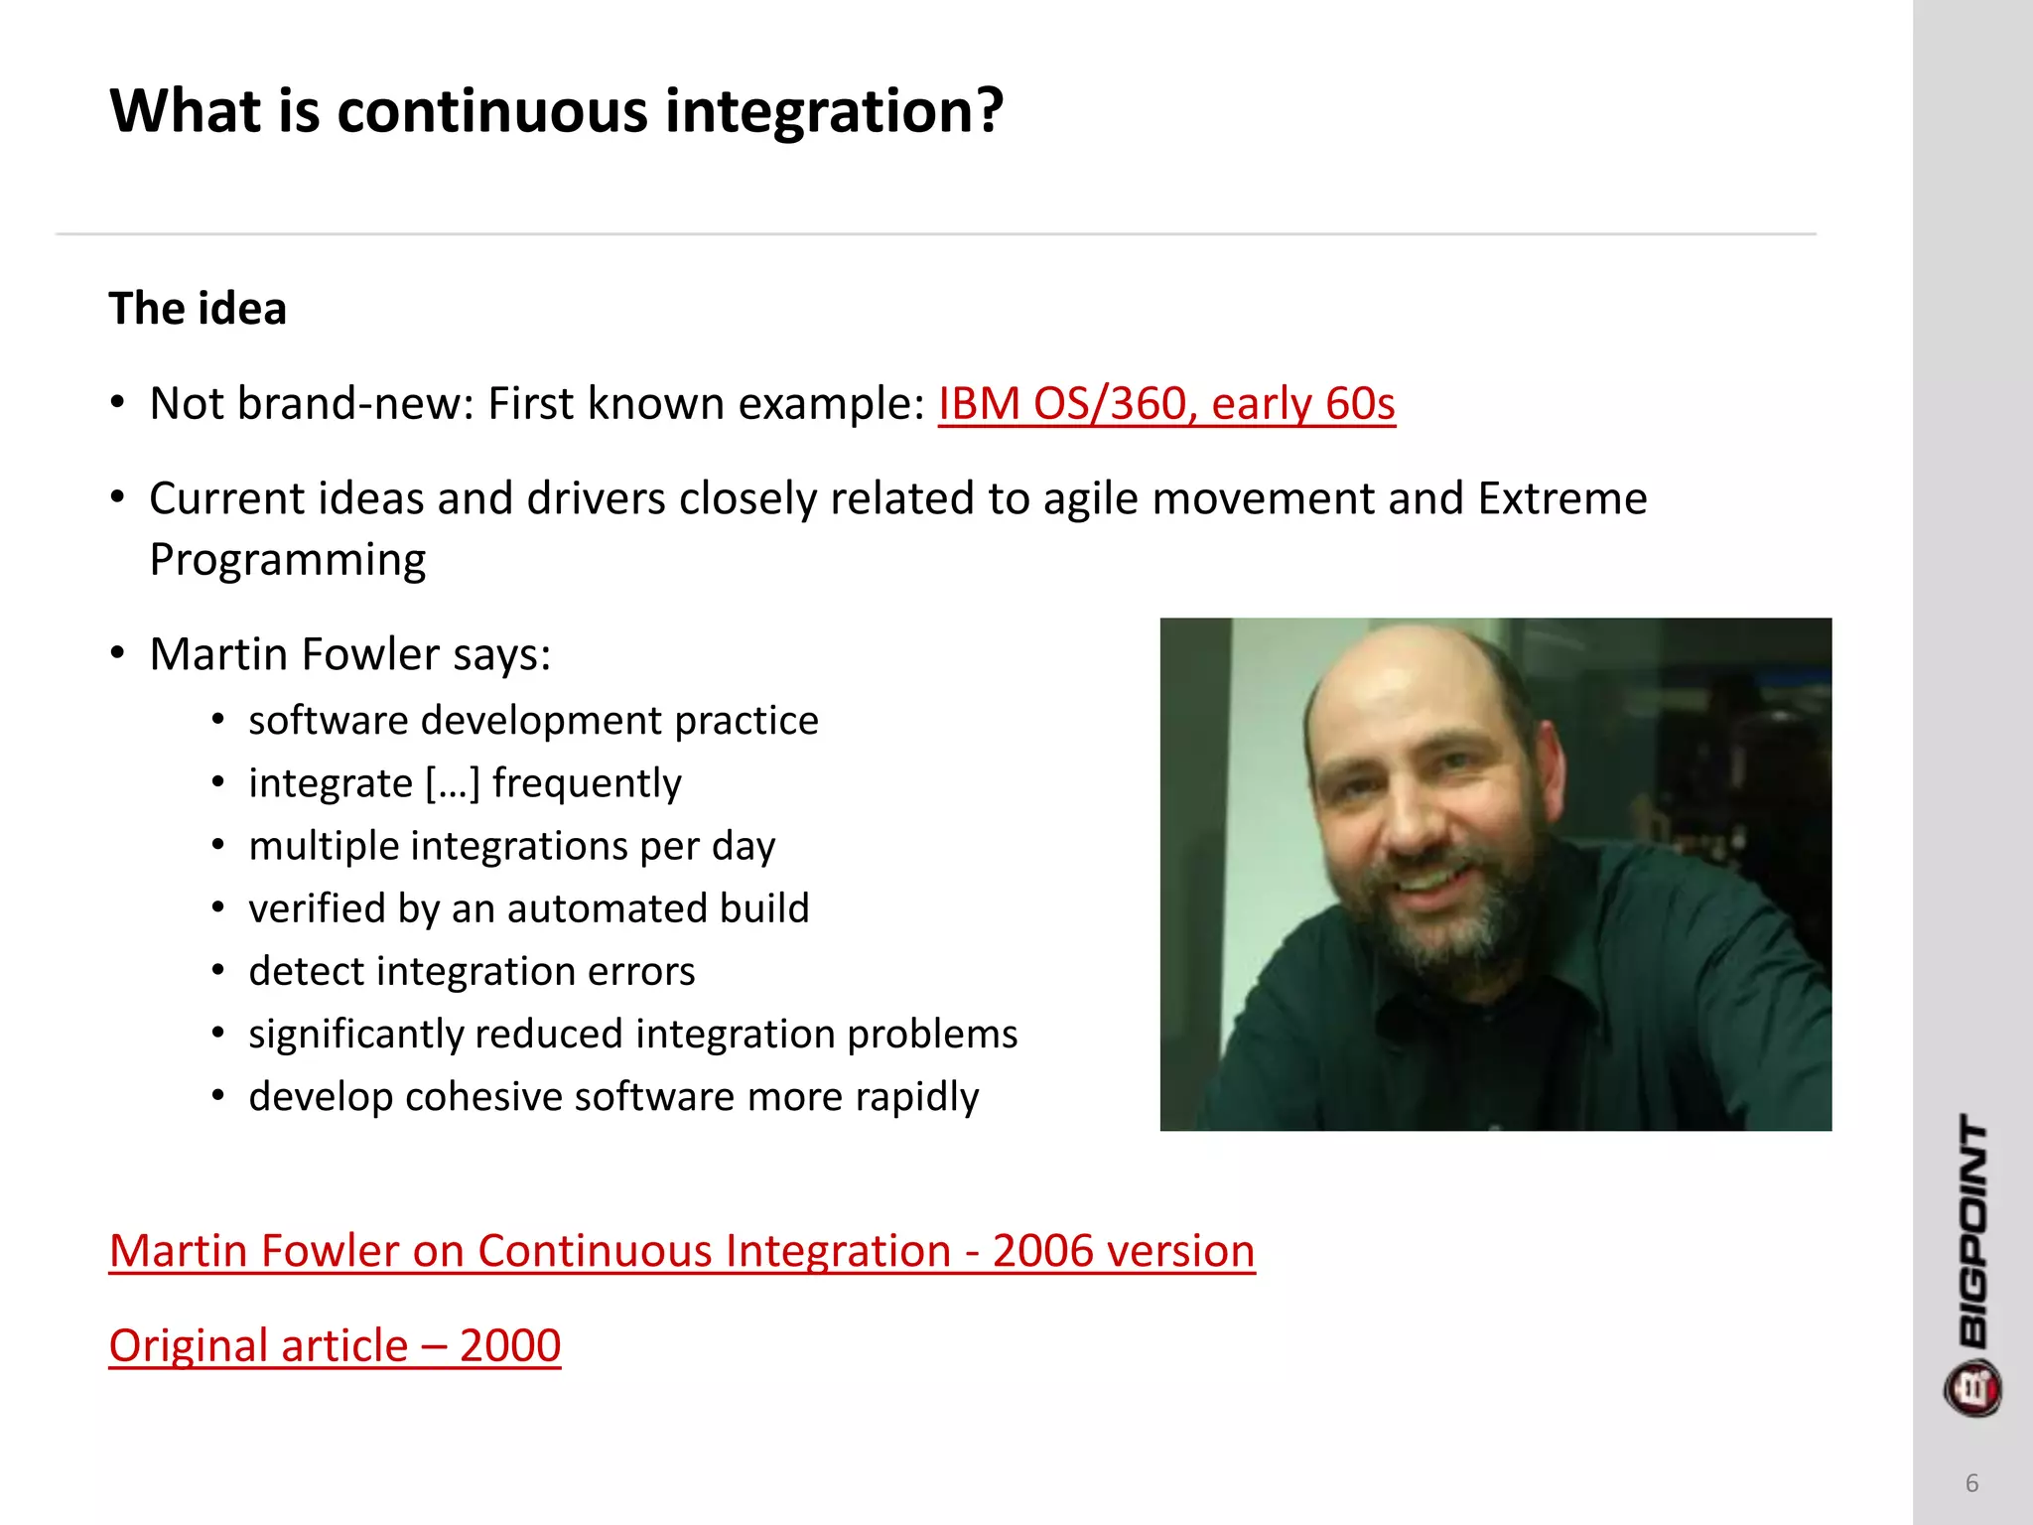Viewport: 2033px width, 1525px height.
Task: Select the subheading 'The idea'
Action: (x=198, y=308)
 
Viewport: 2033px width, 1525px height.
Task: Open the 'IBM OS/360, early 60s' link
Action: (x=1166, y=403)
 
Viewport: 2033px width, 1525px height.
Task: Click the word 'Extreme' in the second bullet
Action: (x=1561, y=497)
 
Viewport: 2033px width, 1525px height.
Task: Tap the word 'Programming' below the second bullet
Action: (x=288, y=560)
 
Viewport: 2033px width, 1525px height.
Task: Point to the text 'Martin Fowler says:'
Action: (x=349, y=654)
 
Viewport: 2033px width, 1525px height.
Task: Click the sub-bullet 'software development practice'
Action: (x=533, y=720)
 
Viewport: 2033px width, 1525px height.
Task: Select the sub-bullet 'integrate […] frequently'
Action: (x=465, y=782)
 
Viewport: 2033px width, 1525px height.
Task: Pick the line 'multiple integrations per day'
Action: (x=511, y=846)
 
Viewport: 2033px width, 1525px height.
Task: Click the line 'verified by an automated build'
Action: (x=528, y=908)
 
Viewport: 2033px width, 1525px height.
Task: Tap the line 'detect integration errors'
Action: (x=472, y=971)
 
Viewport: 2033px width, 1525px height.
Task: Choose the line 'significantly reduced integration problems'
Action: (x=632, y=1034)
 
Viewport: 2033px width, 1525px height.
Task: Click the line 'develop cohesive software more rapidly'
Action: (x=613, y=1096)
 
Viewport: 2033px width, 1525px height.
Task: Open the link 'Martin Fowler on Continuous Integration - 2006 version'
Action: (x=682, y=1250)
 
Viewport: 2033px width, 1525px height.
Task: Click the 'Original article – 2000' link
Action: (x=335, y=1345)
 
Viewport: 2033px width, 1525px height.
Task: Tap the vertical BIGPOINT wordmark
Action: (x=1973, y=1231)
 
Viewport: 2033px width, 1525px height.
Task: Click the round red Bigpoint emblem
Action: (x=1972, y=1388)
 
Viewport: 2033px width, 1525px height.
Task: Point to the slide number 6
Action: (x=1971, y=1483)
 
